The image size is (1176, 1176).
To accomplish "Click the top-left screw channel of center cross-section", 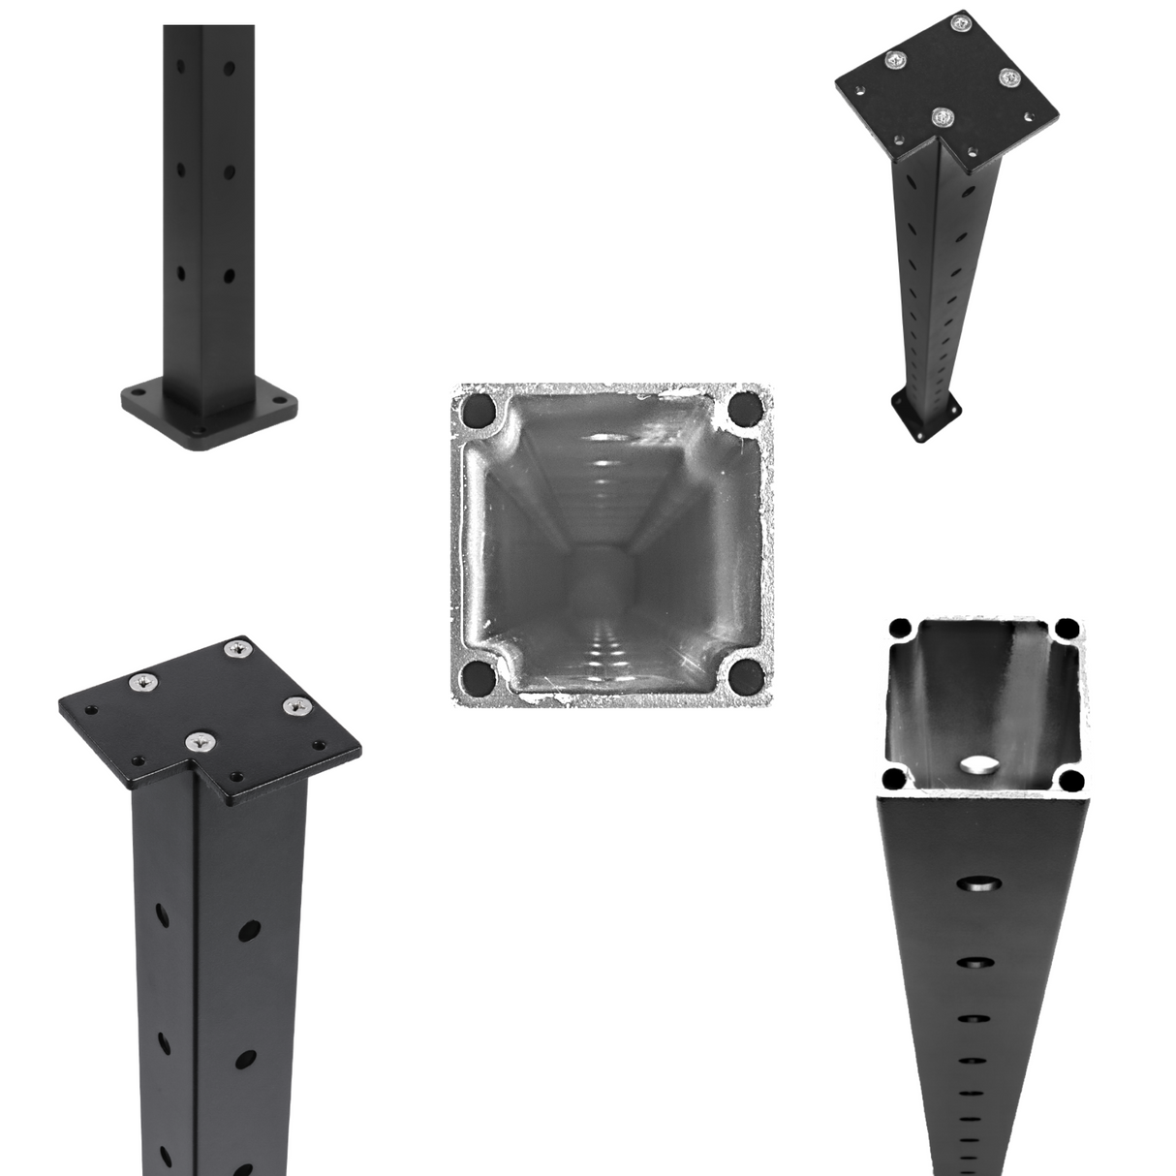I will click(478, 411).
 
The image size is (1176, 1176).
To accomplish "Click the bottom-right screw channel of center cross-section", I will click(745, 674).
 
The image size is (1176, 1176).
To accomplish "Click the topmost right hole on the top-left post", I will click(229, 70).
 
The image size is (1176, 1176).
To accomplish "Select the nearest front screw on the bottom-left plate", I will click(201, 742).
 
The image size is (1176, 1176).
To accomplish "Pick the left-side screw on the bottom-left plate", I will click(142, 684).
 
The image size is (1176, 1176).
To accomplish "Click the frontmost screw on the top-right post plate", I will click(941, 117).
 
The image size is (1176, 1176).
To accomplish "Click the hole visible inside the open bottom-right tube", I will click(980, 765).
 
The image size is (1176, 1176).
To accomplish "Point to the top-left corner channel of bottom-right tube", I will click(900, 628).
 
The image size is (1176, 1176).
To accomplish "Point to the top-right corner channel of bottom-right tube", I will click(1068, 627).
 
